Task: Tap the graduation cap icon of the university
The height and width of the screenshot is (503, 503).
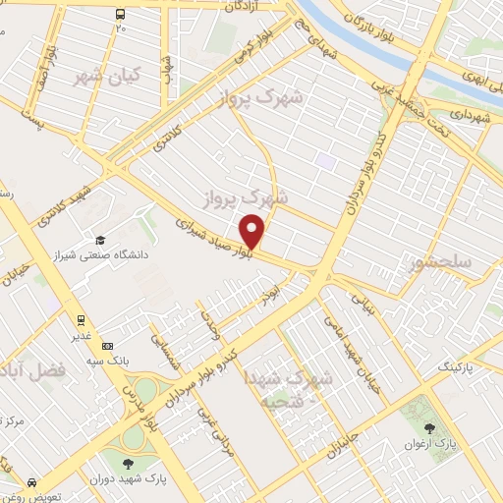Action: pyautogui.click(x=99, y=241)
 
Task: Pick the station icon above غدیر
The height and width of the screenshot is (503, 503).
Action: pyautogui.click(x=81, y=319)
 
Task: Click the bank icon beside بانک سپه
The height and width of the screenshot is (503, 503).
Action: pyautogui.click(x=107, y=345)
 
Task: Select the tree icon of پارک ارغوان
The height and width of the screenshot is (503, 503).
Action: pyautogui.click(x=429, y=427)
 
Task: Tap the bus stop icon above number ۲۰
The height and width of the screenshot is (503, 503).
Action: pyautogui.click(x=120, y=14)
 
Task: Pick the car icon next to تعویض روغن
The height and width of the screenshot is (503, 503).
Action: pyautogui.click(x=32, y=483)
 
